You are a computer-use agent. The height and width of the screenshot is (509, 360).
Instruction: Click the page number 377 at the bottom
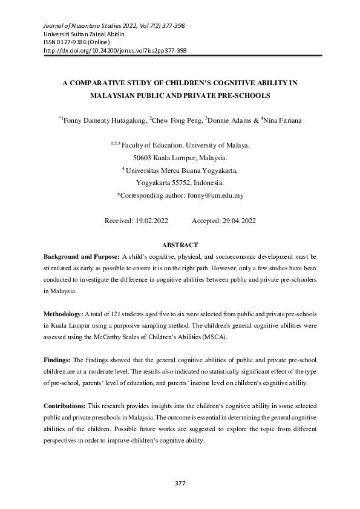(180, 483)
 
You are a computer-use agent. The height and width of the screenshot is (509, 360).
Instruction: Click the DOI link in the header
(116, 51)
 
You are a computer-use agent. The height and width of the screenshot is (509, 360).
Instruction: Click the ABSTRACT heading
(180, 245)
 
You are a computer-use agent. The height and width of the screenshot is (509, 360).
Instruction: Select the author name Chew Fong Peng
(177, 121)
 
